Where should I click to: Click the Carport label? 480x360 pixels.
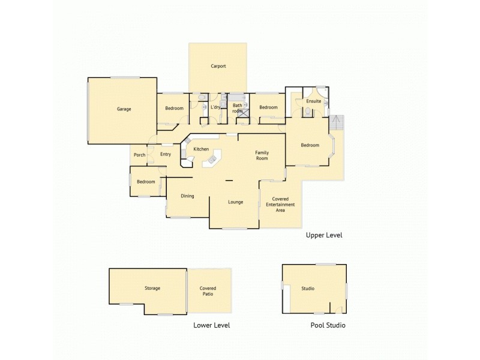point(218,66)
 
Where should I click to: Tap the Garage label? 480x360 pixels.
point(124,109)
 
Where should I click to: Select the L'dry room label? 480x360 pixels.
point(215,108)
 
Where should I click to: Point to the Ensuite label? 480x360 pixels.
point(313,101)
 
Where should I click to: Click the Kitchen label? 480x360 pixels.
point(201,149)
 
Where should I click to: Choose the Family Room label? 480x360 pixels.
point(262,155)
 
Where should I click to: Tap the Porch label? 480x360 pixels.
point(139,155)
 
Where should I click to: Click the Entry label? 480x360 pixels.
point(166,155)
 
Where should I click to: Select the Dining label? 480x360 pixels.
point(187,196)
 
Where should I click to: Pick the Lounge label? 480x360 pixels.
point(235,202)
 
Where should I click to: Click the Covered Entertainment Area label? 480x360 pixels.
point(280,205)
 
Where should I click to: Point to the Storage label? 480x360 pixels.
point(152,289)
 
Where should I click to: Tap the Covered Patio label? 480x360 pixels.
point(208,292)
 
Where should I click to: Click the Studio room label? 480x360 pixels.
point(308,289)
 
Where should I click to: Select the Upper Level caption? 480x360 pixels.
point(324,235)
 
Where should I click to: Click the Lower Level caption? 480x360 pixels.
point(212,325)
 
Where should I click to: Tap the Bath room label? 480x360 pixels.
point(238,109)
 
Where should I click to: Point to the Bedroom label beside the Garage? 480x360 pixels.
point(174,108)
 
